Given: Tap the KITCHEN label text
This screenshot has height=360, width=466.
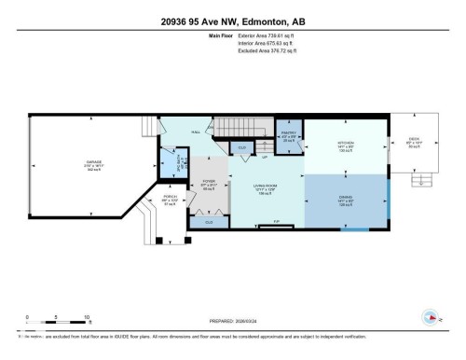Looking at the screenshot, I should point(347,143).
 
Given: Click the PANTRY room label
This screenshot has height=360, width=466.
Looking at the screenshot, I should point(289,134).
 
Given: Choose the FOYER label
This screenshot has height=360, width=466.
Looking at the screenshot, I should point(209,182).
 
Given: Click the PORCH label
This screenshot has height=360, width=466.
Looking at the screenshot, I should point(171,199).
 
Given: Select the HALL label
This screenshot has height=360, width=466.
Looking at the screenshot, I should point(197,133).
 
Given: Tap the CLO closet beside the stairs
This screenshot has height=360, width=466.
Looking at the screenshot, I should point(241,147).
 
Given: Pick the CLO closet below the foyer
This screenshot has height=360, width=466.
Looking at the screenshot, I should point(209,221).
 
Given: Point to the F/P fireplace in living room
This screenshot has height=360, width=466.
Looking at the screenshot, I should point(277,222).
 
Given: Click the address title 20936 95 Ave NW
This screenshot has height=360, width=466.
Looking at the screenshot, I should point(233,22).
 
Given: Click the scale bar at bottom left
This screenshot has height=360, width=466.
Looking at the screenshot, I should point(57,324).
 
